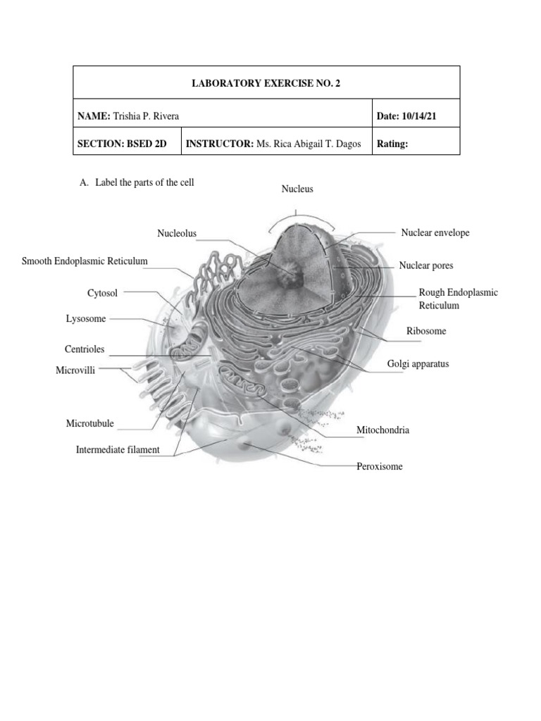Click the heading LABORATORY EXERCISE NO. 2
pos(266,83)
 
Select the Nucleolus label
pos(177,233)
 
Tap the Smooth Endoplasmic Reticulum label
pos(85,261)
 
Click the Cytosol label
pos(103,292)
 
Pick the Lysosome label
pos(86,319)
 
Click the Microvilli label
pos(75,370)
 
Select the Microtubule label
pos(89,424)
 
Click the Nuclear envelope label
pos(435,232)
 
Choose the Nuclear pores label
pos(425,265)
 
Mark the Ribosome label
pos(426,331)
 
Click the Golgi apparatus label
pos(418,364)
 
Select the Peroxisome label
pos(379,466)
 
